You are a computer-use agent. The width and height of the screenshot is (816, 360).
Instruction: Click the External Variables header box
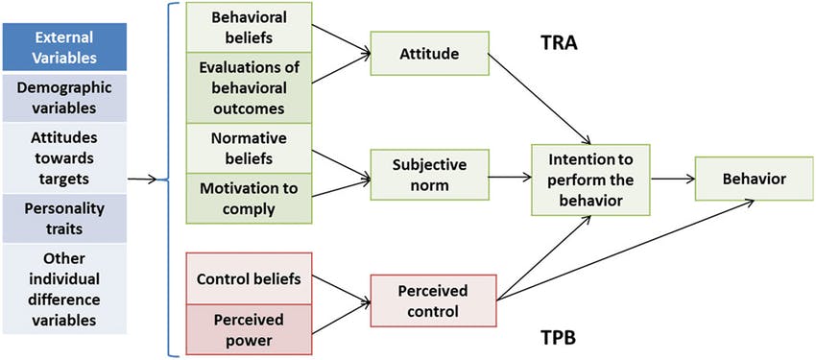point(64,47)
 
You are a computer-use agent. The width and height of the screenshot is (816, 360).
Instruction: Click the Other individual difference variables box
point(64,287)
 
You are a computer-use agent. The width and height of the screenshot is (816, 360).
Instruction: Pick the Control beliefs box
point(249,279)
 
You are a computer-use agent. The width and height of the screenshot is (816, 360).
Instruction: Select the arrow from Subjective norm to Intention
point(508,178)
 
